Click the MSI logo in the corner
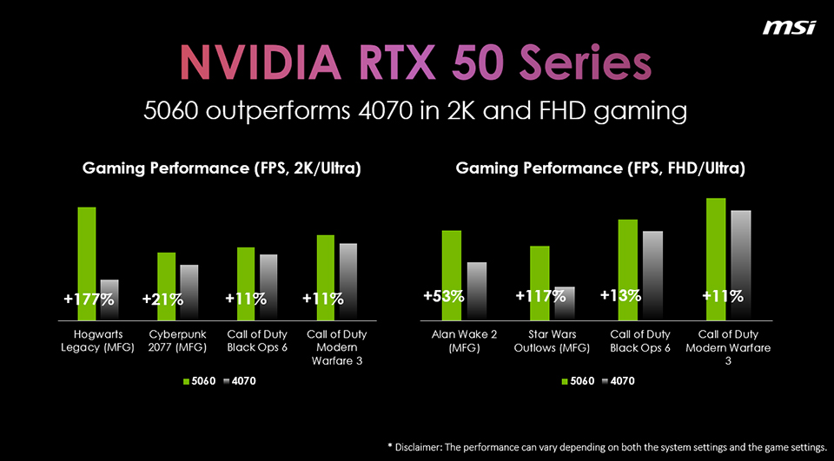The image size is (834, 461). click(x=788, y=28)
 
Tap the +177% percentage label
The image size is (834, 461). click(x=89, y=300)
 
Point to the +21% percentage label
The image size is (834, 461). click(x=162, y=300)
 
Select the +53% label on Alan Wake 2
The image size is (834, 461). click(x=443, y=296)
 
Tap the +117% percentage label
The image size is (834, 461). click(x=540, y=296)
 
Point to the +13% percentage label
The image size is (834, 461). click(x=620, y=296)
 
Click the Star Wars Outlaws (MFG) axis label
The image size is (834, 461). click(x=551, y=340)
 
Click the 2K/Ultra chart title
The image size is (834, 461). click(x=221, y=169)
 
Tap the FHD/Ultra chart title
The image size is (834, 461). click(x=599, y=169)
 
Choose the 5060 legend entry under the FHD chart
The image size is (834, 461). click(x=578, y=382)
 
